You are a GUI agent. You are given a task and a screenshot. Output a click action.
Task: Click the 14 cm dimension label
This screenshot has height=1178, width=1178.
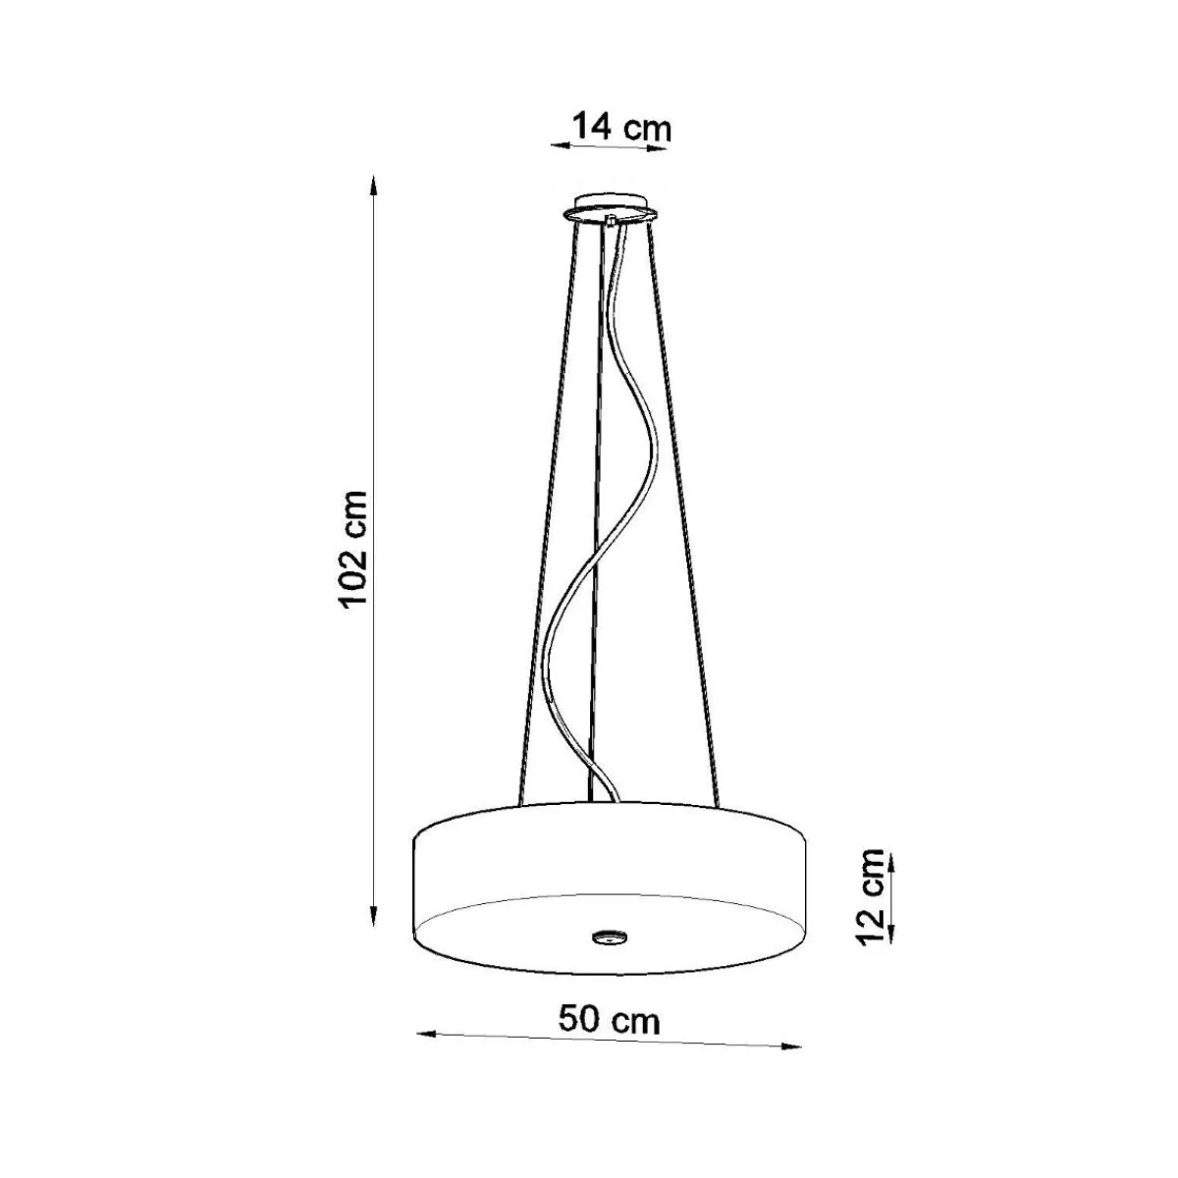(621, 129)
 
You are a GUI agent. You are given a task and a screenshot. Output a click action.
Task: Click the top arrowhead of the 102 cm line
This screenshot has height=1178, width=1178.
(374, 186)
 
